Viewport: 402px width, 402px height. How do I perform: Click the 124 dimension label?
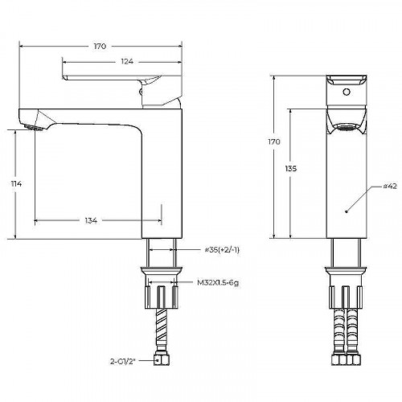pos(127,61)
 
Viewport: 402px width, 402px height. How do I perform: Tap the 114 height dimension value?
pos(16,184)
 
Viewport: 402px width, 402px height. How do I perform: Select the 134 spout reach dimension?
pos(91,220)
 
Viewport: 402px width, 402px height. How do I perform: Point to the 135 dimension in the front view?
pos(291,169)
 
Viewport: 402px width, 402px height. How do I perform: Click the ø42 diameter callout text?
pos(390,186)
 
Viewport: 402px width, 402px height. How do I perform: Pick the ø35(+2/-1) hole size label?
pos(222,250)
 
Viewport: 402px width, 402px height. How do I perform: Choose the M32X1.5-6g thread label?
pos(218,282)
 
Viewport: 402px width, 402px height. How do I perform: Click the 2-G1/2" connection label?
pos(123,361)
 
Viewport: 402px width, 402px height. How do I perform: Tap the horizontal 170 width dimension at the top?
pos(100,47)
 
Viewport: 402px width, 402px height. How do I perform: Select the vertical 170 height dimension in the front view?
pos(274,142)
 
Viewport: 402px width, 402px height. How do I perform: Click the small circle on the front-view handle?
pos(347,92)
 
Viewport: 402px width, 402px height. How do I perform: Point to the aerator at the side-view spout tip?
pos(34,128)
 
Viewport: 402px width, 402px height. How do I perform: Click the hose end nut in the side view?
pos(162,359)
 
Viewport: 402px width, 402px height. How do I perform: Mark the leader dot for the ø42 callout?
pos(347,211)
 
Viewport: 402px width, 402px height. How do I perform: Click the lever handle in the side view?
pos(111,78)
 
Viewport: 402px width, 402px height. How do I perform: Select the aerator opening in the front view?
pos(347,127)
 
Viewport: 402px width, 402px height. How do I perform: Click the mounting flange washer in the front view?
pos(347,271)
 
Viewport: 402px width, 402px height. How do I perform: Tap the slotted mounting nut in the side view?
pos(162,297)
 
